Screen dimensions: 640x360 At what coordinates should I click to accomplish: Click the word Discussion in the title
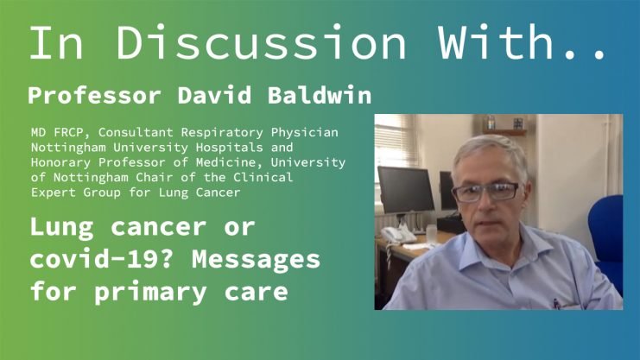[x=261, y=42]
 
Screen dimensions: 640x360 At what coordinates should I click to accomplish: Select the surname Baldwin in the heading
[x=320, y=95]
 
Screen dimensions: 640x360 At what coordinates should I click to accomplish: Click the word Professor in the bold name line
[x=94, y=96]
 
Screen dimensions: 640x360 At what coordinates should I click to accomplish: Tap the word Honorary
[x=60, y=162]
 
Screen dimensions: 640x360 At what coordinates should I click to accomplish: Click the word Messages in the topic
[x=256, y=260]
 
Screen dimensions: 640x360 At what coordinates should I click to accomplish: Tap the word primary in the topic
[x=149, y=293]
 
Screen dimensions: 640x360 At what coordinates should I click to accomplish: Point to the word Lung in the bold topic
[x=61, y=228]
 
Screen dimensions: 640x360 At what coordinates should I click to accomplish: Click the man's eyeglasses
[x=485, y=193]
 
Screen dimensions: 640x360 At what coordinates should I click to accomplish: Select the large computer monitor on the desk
[x=406, y=190]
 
